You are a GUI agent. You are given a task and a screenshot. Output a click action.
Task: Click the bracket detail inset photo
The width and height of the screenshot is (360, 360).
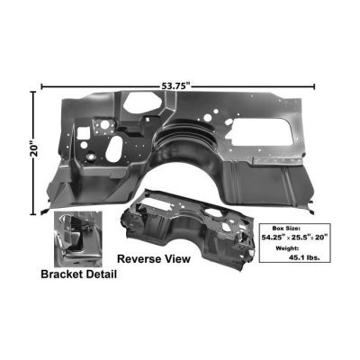pos(79,238)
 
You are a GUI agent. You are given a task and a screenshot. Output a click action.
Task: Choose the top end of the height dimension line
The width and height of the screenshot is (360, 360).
pos(37,87)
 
